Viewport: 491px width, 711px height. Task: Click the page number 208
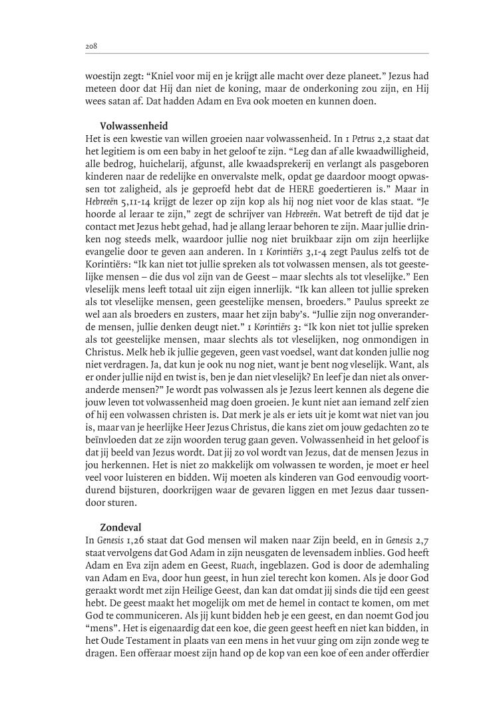click(91, 46)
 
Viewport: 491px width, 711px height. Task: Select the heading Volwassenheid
click(133, 125)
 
